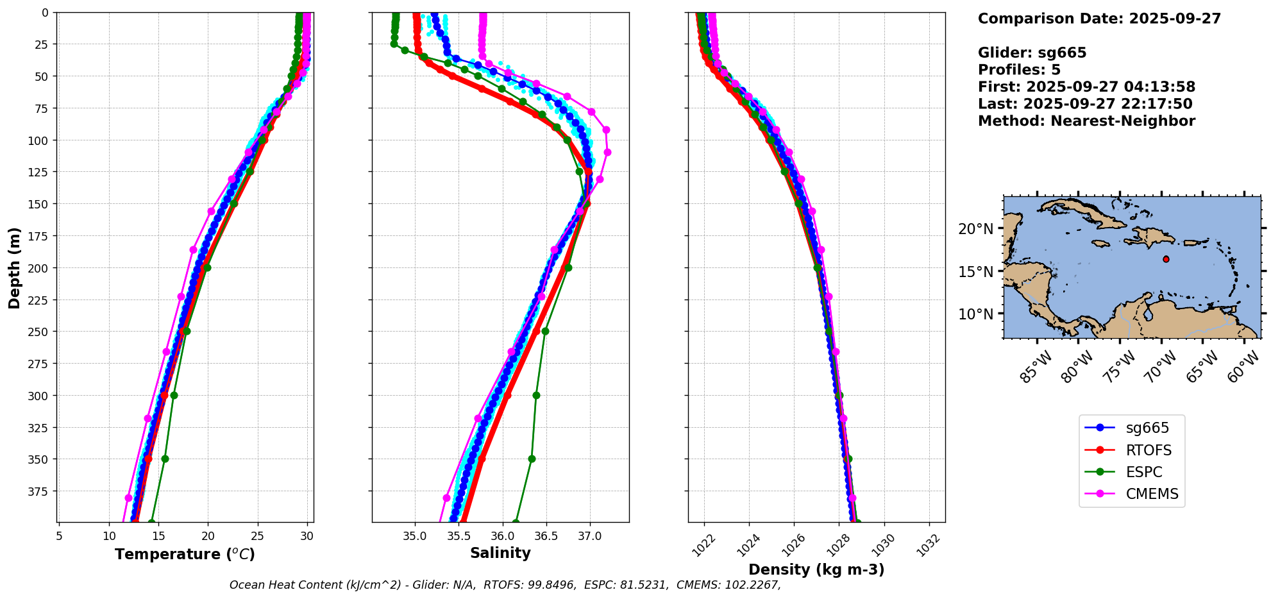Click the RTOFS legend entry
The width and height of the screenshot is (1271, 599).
pos(1148,450)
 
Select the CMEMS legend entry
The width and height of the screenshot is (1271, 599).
pos(1152,494)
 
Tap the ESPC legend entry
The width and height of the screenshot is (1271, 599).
pos(1143,472)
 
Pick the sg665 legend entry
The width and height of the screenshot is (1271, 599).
pos(1147,428)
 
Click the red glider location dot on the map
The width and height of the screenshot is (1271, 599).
pos(1166,259)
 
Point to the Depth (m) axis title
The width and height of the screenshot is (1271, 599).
pos(14,267)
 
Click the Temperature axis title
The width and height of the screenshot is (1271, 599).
pos(185,554)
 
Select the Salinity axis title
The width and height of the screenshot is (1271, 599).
pos(500,553)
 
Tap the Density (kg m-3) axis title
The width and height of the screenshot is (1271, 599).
pos(816,569)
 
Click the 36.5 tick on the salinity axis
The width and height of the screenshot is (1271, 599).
pos(546,536)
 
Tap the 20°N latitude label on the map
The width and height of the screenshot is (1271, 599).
pos(975,229)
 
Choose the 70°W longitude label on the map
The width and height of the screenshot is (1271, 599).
pos(1159,369)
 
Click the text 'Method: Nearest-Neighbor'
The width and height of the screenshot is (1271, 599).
pos(1086,121)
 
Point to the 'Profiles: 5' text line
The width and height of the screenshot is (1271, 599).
pos(1019,70)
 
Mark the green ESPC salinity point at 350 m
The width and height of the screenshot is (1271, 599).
pos(532,459)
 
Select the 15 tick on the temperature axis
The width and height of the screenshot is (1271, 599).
pos(158,536)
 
